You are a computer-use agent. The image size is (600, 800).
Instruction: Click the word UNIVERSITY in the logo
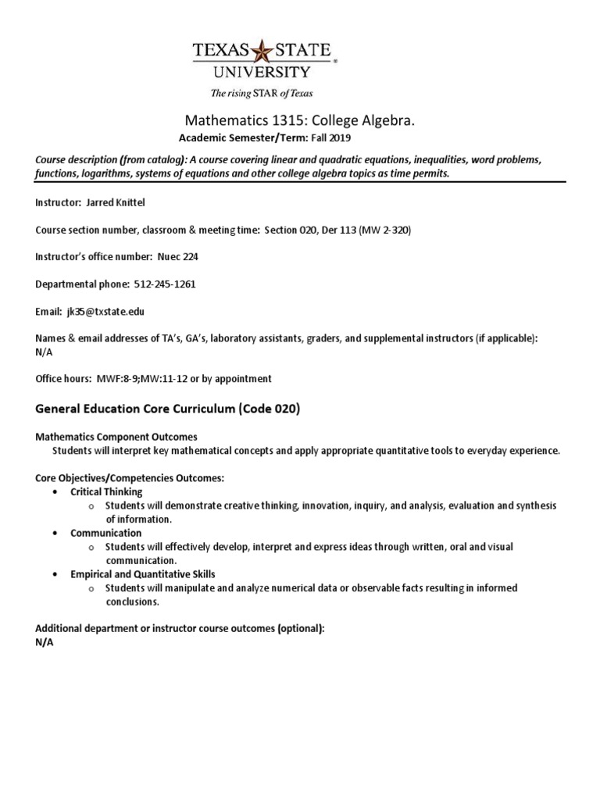[261, 73]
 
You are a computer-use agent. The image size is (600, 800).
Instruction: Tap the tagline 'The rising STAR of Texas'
[261, 93]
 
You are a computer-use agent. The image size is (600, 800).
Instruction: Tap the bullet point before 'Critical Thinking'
[53, 492]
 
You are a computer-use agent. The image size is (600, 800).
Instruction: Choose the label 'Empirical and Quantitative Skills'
[142, 574]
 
